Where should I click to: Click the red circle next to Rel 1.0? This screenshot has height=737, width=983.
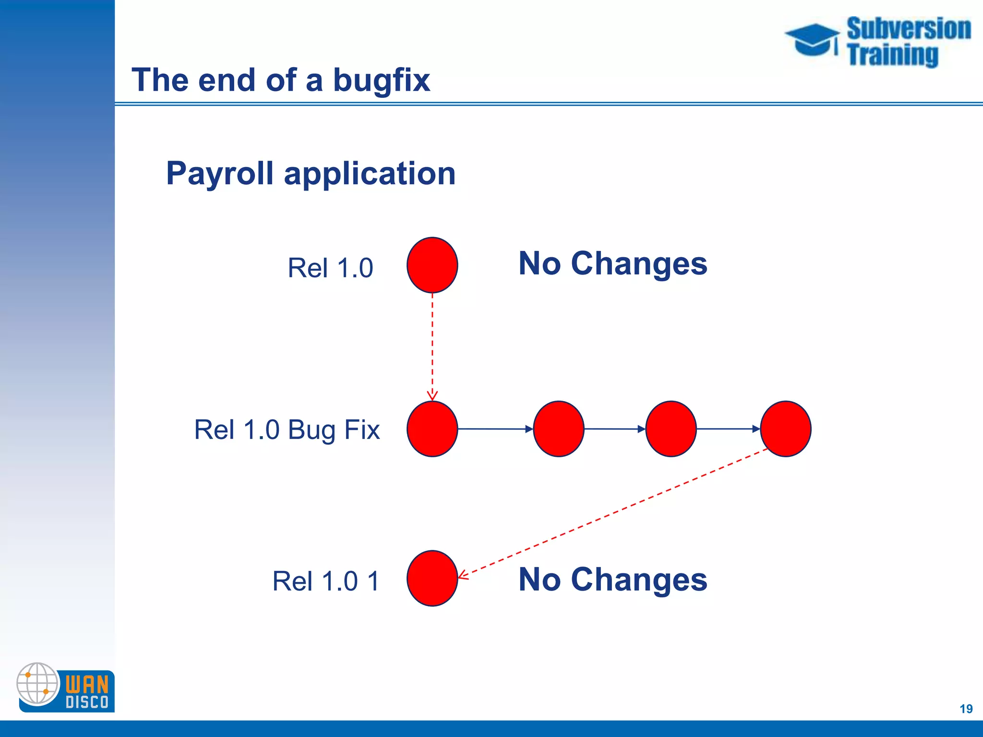point(432,265)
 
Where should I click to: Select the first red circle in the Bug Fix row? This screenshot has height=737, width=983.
point(432,428)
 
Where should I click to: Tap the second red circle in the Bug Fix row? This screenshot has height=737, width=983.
point(558,428)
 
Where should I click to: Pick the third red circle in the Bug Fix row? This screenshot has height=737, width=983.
point(671,428)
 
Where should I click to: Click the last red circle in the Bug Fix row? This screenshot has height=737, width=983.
point(785,428)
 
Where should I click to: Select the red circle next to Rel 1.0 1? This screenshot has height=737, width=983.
point(432,578)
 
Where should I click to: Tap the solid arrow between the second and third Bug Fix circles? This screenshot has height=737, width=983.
point(615,428)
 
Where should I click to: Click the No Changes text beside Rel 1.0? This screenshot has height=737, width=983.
point(613,263)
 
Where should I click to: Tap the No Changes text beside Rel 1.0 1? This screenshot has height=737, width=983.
point(613,579)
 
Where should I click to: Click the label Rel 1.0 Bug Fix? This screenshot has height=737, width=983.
point(287,429)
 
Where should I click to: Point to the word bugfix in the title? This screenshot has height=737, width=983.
point(382,80)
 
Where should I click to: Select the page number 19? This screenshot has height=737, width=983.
point(966,709)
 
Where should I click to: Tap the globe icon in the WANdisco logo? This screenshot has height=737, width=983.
point(37,683)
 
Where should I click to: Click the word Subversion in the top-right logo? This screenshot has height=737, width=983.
point(909,29)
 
